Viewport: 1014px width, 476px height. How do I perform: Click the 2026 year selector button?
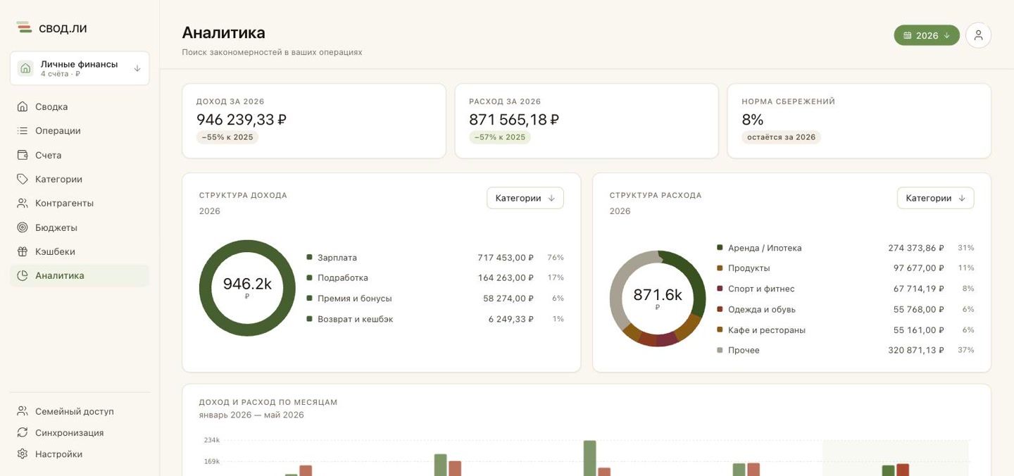[926, 35]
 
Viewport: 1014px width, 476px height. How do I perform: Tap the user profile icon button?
[978, 35]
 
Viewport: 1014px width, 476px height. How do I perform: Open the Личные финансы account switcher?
[80, 68]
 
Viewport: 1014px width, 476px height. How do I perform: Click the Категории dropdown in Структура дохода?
[525, 198]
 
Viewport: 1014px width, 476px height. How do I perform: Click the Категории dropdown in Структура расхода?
[935, 198]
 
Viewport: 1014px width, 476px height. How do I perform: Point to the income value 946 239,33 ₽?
[242, 120]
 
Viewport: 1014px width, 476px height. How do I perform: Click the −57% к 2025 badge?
[500, 137]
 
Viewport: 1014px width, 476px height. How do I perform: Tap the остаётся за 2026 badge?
[781, 137]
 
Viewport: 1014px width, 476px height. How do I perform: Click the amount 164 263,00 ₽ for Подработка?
[506, 278]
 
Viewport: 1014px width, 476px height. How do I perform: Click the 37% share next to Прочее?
[965, 350]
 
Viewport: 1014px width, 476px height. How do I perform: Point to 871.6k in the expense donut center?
[657, 295]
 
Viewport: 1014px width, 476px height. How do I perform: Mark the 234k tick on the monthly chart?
[212, 440]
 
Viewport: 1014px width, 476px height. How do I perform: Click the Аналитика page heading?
[224, 32]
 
